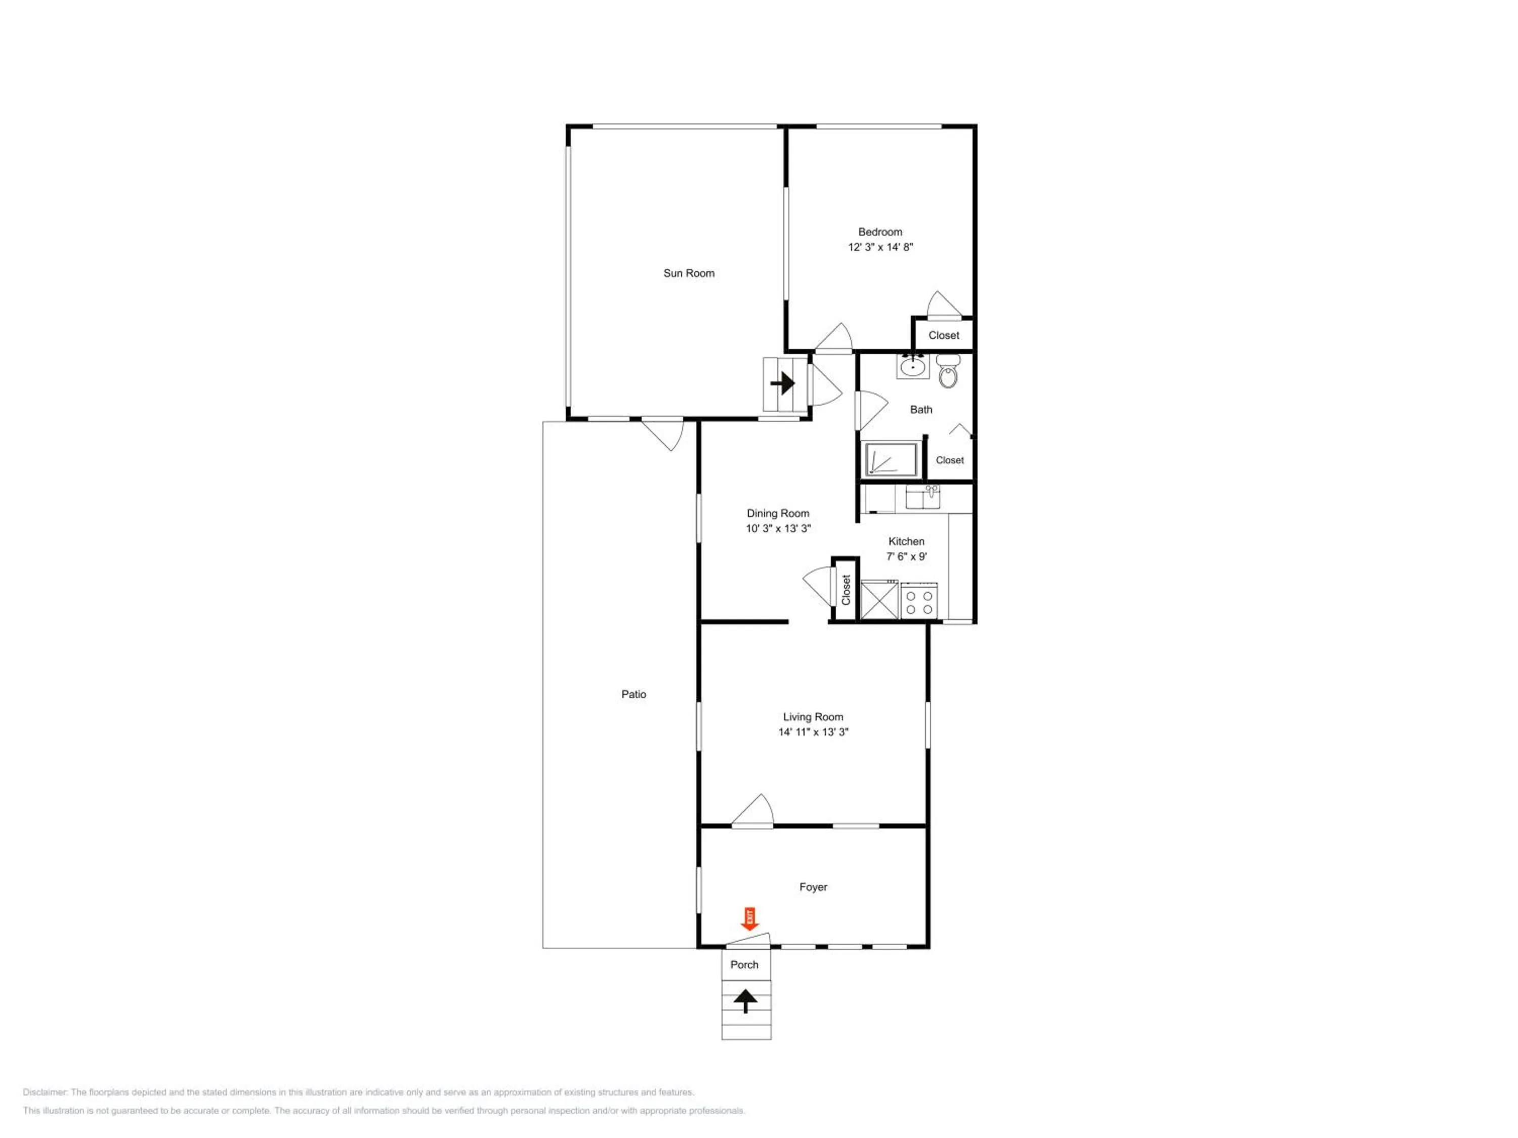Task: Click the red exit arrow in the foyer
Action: click(x=749, y=918)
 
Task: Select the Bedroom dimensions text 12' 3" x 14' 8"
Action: click(x=880, y=247)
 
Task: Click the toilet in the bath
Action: click(x=948, y=370)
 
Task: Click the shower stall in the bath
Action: click(x=891, y=459)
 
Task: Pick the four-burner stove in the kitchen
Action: click(x=919, y=601)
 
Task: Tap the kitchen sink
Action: click(x=923, y=497)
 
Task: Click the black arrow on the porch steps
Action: click(x=745, y=1001)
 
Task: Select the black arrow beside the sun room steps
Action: click(x=782, y=383)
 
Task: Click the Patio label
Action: click(x=634, y=694)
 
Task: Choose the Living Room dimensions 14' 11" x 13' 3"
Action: click(x=813, y=732)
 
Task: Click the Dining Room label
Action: click(x=778, y=513)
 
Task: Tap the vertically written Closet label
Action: click(x=846, y=590)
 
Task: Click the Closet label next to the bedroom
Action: click(x=944, y=335)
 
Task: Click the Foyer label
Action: click(x=813, y=887)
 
